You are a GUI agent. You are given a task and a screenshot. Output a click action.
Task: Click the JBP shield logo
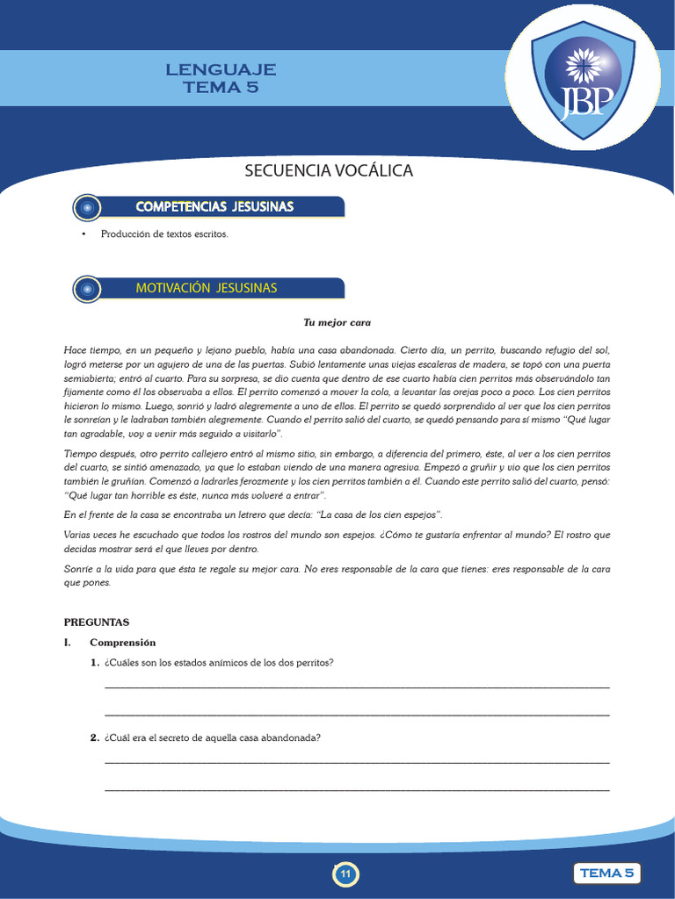tap(583, 79)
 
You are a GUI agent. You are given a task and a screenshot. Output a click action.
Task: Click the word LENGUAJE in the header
tap(221, 69)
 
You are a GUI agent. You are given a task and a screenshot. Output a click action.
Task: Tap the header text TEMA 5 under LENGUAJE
tap(221, 87)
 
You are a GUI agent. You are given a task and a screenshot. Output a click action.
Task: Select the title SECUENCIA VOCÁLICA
tap(328, 170)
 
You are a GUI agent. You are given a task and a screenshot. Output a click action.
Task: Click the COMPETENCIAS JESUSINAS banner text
tap(214, 206)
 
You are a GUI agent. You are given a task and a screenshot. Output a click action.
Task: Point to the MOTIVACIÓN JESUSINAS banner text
tap(207, 288)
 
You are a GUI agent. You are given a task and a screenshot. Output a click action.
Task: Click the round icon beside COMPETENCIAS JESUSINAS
tap(86, 207)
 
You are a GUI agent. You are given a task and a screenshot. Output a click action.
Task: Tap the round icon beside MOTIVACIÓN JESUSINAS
tap(86, 289)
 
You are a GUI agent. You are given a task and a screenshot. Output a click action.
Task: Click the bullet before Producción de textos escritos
tap(83, 234)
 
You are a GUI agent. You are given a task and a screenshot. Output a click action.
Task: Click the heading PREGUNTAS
tap(97, 622)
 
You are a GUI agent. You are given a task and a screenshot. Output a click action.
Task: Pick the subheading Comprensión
tap(122, 643)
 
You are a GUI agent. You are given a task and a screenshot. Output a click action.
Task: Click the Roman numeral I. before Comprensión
tap(68, 643)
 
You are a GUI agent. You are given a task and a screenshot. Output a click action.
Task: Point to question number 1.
tap(94, 663)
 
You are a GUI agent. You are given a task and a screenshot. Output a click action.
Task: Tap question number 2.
tap(94, 738)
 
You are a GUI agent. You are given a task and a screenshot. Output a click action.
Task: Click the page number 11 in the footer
tap(345, 874)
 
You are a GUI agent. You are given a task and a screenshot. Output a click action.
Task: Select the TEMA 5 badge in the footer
tap(606, 873)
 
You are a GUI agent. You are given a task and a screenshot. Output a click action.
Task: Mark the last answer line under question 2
tap(356, 791)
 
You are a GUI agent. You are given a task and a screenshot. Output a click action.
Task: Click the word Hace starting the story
tap(76, 350)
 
